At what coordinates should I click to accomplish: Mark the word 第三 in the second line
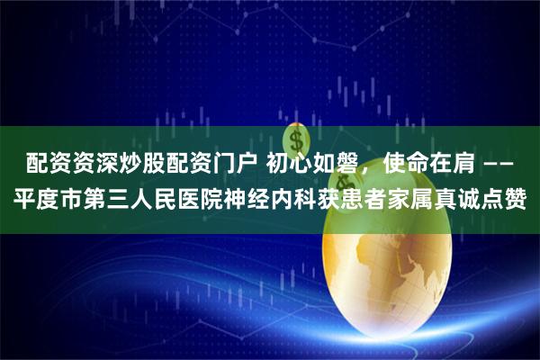pos(101,199)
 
